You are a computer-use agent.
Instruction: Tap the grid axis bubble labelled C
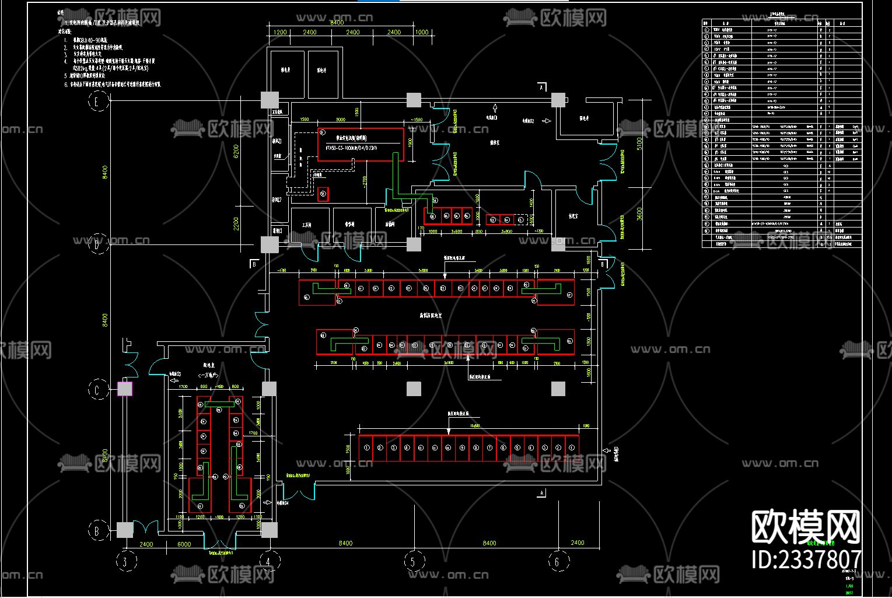pyautogui.click(x=98, y=389)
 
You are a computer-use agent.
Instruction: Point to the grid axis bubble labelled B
pyautogui.click(x=98, y=530)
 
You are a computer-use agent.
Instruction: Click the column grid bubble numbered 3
pyautogui.click(x=125, y=562)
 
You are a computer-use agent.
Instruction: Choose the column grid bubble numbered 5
pyautogui.click(x=414, y=562)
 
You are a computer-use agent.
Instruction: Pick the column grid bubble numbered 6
pyautogui.click(x=557, y=562)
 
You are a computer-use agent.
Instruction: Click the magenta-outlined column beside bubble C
pyautogui.click(x=125, y=389)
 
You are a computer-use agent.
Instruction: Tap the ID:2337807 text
pyautogui.click(x=806, y=559)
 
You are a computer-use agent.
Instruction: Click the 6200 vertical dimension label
pyautogui.click(x=236, y=152)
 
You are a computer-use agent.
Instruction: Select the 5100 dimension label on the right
pyautogui.click(x=639, y=144)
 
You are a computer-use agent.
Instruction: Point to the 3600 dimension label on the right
pyautogui.click(x=639, y=214)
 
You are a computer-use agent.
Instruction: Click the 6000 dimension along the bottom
pyautogui.click(x=184, y=544)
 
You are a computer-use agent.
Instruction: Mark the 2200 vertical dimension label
pyautogui.click(x=236, y=223)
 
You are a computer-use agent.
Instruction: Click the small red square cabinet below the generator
pyautogui.click(x=323, y=194)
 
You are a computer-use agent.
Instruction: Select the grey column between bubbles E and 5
pyautogui.click(x=414, y=100)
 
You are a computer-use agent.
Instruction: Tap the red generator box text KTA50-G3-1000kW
pyautogui.click(x=352, y=148)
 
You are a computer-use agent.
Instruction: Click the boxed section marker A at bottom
pyautogui.click(x=542, y=493)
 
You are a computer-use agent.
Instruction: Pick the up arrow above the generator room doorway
pyautogui.click(x=495, y=107)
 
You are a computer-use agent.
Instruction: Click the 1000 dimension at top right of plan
pyautogui.click(x=422, y=33)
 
